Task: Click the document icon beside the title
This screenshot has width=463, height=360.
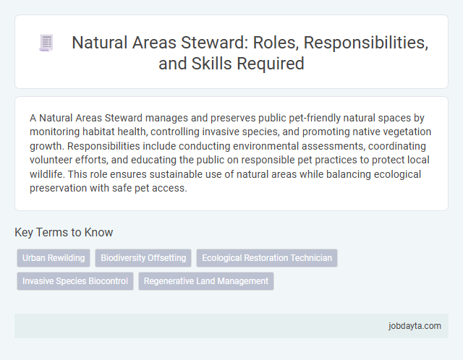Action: pyautogui.click(x=46, y=43)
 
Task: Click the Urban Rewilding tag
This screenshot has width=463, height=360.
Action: pyautogui.click(x=54, y=258)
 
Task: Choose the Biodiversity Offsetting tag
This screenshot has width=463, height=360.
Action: pyautogui.click(x=143, y=258)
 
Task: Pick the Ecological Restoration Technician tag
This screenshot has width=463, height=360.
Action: pyautogui.click(x=267, y=258)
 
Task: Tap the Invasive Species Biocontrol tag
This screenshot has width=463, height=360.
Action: pyautogui.click(x=75, y=281)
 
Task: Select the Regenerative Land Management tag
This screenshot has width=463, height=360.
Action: pyautogui.click(x=205, y=281)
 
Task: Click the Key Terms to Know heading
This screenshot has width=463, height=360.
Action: pyautogui.click(x=64, y=233)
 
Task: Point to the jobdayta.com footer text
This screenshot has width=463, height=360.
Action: pyautogui.click(x=413, y=326)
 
